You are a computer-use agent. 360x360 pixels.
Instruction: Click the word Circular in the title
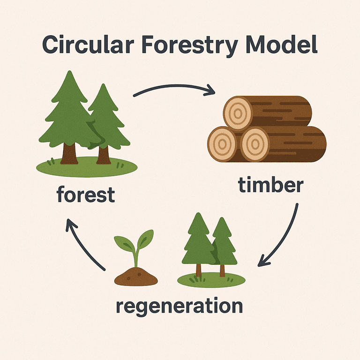(x=88, y=45)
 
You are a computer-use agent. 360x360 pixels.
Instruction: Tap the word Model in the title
(x=281, y=45)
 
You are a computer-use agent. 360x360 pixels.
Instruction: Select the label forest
(x=86, y=194)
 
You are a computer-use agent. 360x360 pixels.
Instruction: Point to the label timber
(x=271, y=185)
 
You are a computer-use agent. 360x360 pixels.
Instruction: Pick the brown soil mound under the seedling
(x=136, y=277)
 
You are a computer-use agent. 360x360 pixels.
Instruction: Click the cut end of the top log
(x=238, y=113)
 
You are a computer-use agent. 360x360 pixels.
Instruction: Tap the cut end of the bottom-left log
(x=222, y=144)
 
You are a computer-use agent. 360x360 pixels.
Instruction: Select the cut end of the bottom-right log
(x=255, y=144)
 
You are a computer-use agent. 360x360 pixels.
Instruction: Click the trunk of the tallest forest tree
(x=69, y=153)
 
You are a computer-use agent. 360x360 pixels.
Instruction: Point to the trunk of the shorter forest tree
(x=104, y=155)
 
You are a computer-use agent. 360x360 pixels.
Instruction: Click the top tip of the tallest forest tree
(x=69, y=71)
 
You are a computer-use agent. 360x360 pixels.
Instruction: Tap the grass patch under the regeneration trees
(x=211, y=280)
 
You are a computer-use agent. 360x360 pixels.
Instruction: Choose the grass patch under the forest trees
(x=87, y=167)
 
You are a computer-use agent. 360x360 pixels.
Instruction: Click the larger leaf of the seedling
(x=146, y=239)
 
